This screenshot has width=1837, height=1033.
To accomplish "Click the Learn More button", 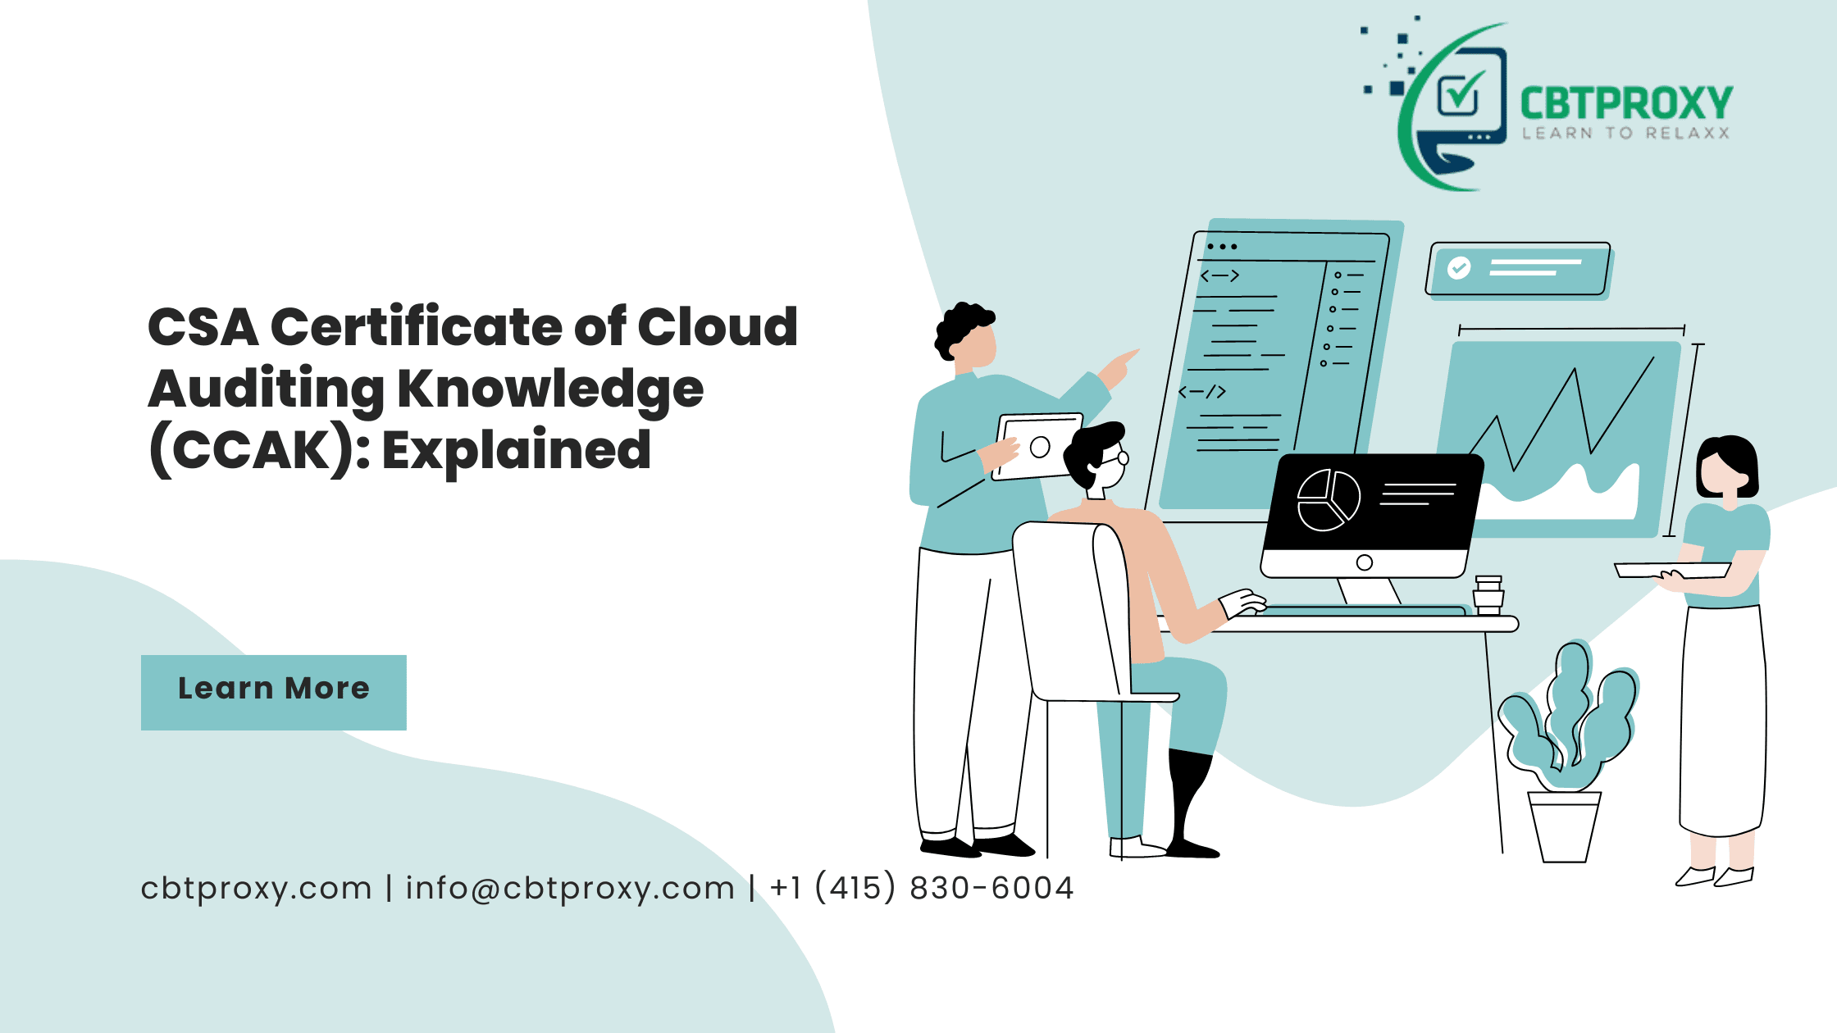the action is click(274, 692).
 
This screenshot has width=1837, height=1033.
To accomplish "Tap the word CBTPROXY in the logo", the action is click(1626, 104).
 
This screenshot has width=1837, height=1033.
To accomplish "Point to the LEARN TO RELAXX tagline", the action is click(1626, 133).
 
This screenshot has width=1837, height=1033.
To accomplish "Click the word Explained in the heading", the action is click(517, 450).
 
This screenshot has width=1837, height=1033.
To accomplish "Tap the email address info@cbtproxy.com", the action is click(570, 888).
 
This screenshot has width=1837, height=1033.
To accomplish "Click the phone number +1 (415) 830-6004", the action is click(922, 888).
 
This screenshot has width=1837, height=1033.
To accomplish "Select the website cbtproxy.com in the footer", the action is click(256, 889).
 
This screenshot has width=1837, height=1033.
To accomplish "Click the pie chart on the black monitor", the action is click(1329, 499).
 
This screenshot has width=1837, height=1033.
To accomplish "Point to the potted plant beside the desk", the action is click(1566, 750).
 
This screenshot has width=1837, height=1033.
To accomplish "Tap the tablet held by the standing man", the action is click(1037, 446).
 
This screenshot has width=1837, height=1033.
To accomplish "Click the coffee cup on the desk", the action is click(1488, 594).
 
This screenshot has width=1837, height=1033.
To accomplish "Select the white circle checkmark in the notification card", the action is click(1459, 267).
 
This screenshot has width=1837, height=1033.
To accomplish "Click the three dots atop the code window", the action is click(1222, 246).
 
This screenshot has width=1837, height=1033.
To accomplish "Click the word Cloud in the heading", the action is click(718, 326).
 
